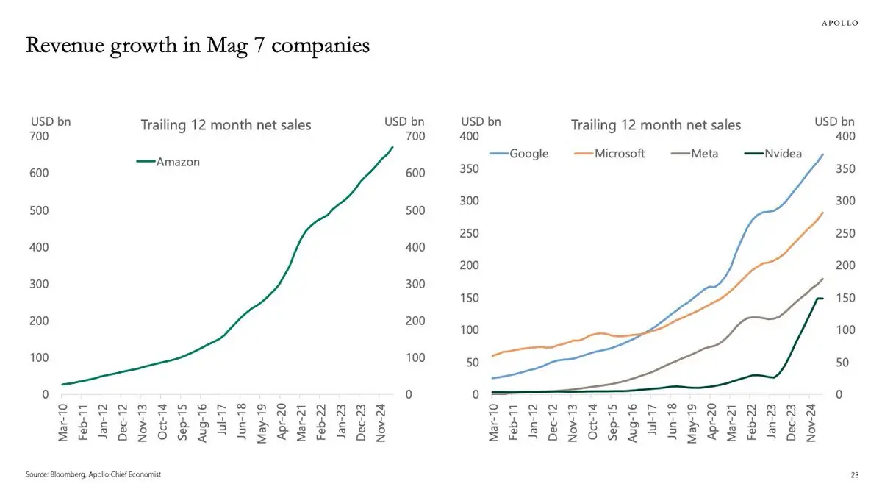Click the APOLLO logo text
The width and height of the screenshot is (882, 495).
tap(839, 23)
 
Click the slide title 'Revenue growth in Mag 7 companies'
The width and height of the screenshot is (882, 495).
tap(197, 46)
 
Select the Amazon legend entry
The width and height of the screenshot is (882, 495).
tap(168, 162)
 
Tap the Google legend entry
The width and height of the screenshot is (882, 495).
tap(520, 154)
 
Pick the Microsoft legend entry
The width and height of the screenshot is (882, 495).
tap(610, 154)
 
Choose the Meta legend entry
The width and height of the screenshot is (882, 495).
tap(695, 154)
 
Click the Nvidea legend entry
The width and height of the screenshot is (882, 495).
tap(778, 154)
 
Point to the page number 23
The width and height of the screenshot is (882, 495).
tap(854, 475)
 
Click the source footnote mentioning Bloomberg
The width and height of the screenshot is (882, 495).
tap(93, 475)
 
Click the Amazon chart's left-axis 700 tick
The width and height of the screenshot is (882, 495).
tap(40, 136)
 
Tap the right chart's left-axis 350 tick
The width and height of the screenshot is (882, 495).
tap(470, 169)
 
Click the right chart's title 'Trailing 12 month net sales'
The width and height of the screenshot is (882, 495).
tap(656, 125)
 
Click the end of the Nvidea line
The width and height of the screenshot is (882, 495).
tap(822, 298)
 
